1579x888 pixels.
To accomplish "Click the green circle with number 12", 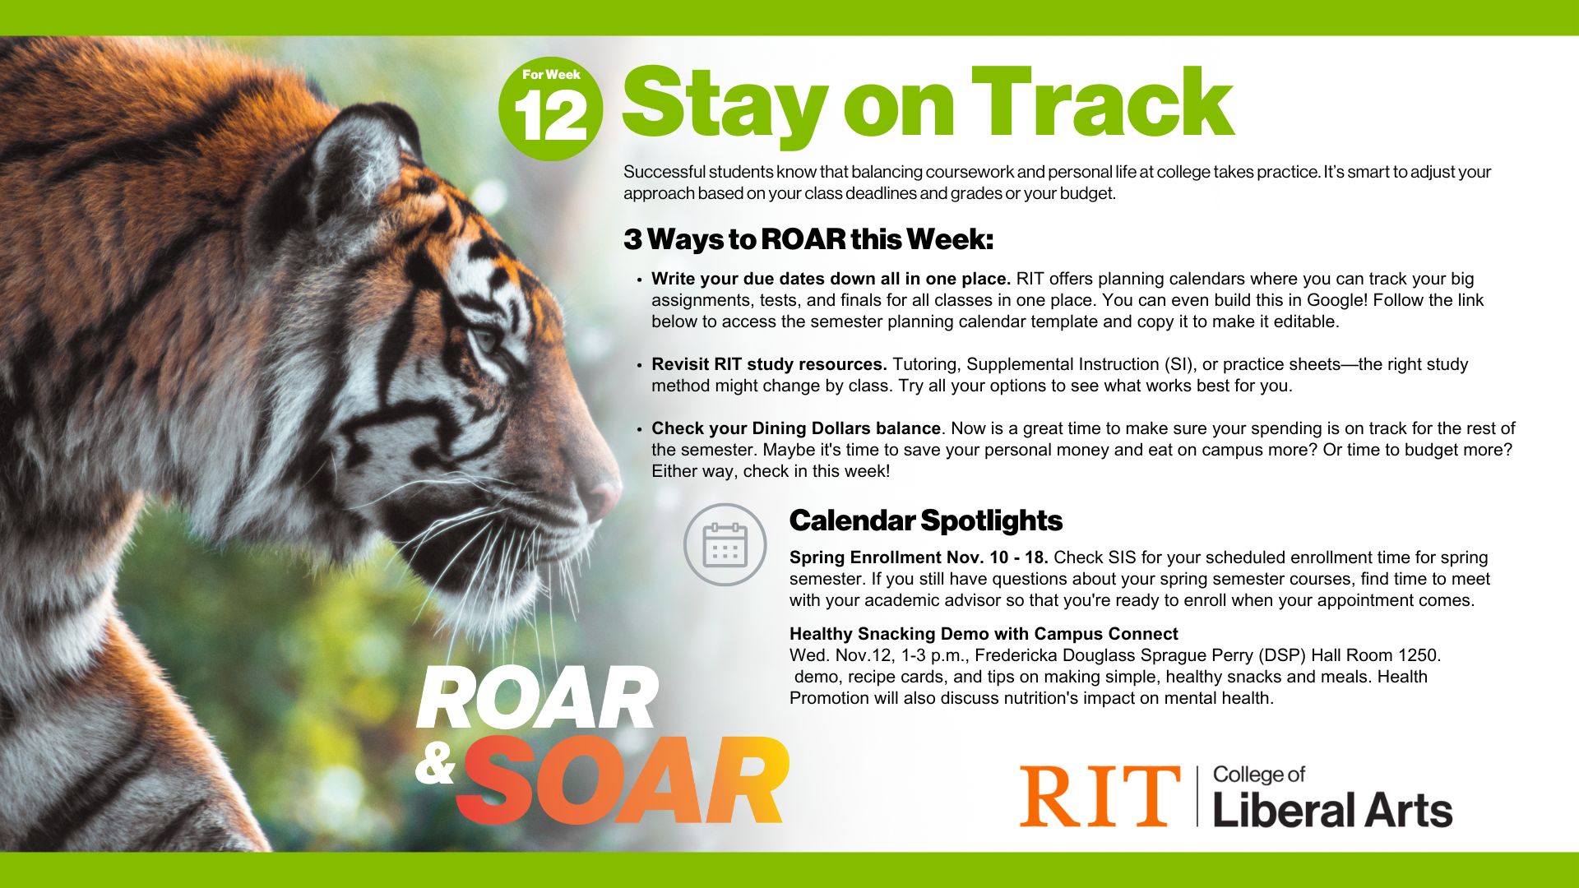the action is coord(550,109).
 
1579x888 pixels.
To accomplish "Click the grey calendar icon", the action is coord(725,544).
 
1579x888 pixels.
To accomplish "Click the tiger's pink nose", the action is coord(601,495).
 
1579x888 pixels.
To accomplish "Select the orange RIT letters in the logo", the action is coord(1100,796).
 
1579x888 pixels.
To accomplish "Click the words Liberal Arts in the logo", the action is coord(1332,810).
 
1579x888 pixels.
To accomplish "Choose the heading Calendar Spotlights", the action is coord(926,520).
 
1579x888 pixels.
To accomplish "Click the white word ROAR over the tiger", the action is coord(537,698).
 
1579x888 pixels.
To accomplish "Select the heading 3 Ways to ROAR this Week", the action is coord(808,240).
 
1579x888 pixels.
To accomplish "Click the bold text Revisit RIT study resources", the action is coord(769,364).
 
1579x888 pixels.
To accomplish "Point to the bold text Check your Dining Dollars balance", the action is coord(796,428).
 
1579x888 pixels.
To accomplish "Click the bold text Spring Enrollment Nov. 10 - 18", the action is coord(919,557).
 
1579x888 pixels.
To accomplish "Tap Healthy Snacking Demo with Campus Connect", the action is coord(984,634).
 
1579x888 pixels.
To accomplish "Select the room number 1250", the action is coord(1418,655).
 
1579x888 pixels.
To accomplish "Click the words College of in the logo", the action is coord(1259,775).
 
